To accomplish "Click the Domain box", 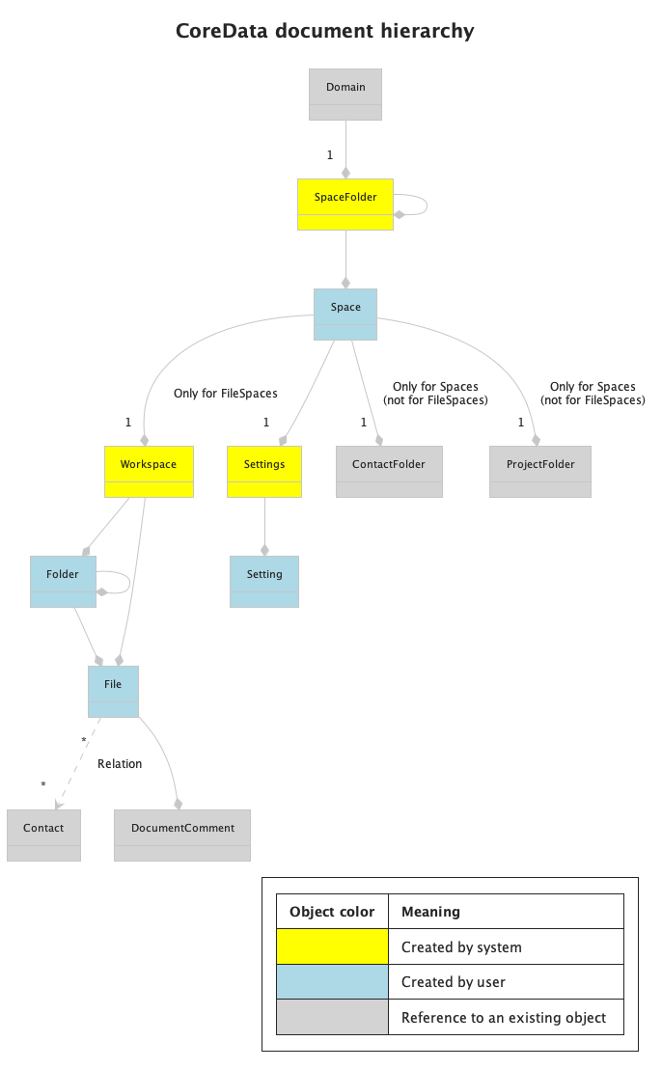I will point(345,95).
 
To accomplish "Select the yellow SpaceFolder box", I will point(345,204).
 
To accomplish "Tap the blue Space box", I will point(345,314).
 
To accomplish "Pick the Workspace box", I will point(149,471).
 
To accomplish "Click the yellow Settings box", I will point(264,471).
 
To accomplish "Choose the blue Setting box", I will point(264,581).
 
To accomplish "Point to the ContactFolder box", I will point(389,471).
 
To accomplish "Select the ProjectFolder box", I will point(539,471).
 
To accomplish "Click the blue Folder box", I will point(63,581).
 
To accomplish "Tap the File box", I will point(113,691).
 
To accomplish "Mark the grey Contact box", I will point(43,835).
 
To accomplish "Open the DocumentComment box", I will point(182,835).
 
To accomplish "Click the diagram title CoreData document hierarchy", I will point(324,31).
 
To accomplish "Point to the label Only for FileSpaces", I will point(226,394).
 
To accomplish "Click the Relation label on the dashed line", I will point(120,764).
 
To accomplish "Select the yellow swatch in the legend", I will point(332,946).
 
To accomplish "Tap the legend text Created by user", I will point(454,982).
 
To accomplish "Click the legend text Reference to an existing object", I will point(504,1018).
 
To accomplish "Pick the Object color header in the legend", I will point(332,912).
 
